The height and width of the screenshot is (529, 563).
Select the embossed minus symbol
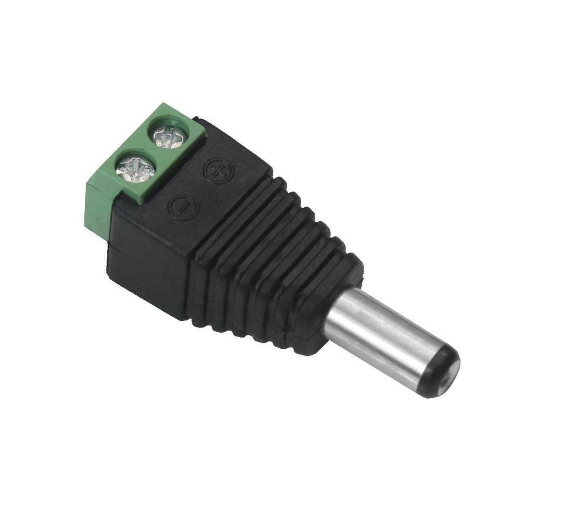tap(180, 206)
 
